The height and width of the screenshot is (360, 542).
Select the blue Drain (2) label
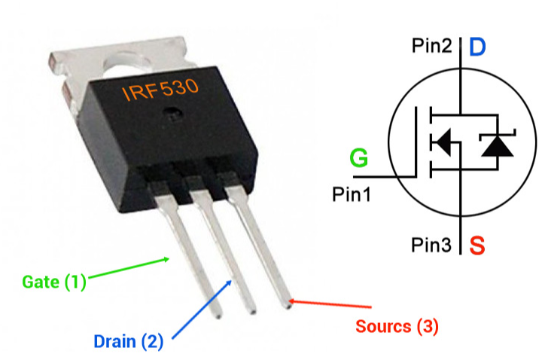tap(128, 341)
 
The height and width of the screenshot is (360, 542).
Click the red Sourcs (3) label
tap(396, 326)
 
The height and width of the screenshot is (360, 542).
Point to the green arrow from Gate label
tap(128, 270)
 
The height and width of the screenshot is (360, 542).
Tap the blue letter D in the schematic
tap(477, 47)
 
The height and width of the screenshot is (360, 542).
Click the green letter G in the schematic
tap(360, 160)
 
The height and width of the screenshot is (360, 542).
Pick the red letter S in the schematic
tap(477, 245)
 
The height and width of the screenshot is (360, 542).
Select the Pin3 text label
tap(432, 245)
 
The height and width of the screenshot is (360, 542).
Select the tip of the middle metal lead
tap(251, 307)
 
